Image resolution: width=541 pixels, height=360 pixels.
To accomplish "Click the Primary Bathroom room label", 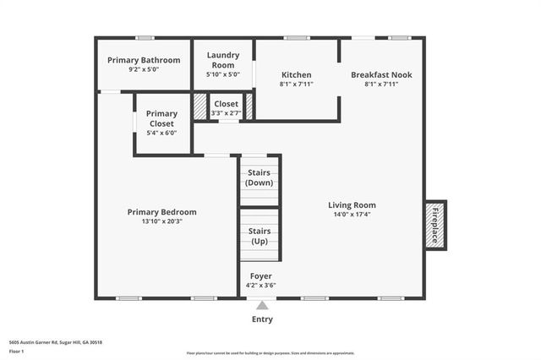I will (144, 60).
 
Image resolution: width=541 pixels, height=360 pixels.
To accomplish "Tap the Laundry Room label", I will (223, 59).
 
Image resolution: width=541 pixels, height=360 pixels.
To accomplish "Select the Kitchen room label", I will (296, 74).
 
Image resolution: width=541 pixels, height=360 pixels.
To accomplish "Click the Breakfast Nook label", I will (381, 74).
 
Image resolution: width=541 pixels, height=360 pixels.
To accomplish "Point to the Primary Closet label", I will (161, 118).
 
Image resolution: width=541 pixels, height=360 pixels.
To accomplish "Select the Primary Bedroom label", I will (161, 212).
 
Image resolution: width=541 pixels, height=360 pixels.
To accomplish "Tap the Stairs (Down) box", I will (259, 178).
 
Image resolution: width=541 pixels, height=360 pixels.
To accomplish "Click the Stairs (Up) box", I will (259, 236).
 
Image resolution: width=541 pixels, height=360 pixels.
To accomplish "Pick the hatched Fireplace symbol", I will (435, 225).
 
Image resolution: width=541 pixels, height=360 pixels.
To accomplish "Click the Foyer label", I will (261, 276).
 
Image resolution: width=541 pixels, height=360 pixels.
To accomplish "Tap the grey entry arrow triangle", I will (262, 306).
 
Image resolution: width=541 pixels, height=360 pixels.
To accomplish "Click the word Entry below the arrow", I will (262, 319).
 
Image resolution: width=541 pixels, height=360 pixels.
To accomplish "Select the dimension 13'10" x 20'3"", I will (161, 221).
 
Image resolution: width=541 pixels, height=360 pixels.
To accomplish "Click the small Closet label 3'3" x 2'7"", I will (226, 107).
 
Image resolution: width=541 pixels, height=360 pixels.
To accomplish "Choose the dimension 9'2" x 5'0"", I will (144, 69).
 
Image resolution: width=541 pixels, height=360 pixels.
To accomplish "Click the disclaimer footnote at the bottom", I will (270, 353).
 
